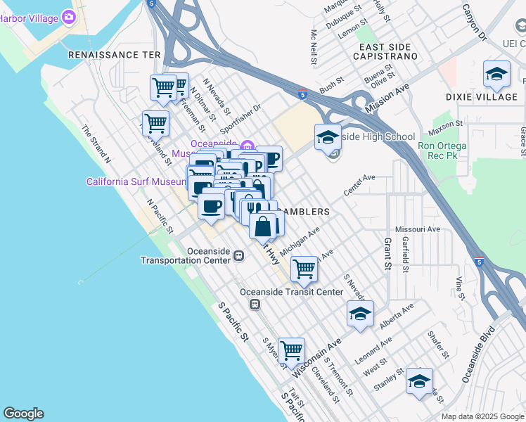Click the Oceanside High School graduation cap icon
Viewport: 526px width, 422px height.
click(x=328, y=137)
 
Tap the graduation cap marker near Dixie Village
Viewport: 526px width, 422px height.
click(x=497, y=75)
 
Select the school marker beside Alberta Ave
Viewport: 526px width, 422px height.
click(x=360, y=314)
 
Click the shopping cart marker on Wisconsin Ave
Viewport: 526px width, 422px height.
click(x=290, y=350)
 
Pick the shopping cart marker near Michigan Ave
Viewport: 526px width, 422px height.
click(x=304, y=267)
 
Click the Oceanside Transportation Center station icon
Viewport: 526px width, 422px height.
click(x=239, y=255)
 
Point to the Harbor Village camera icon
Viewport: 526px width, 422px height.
click(x=68, y=16)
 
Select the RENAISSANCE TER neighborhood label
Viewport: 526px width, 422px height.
click(x=115, y=54)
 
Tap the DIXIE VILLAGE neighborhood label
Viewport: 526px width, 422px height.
click(x=481, y=96)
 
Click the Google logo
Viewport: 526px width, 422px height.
click(x=23, y=414)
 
